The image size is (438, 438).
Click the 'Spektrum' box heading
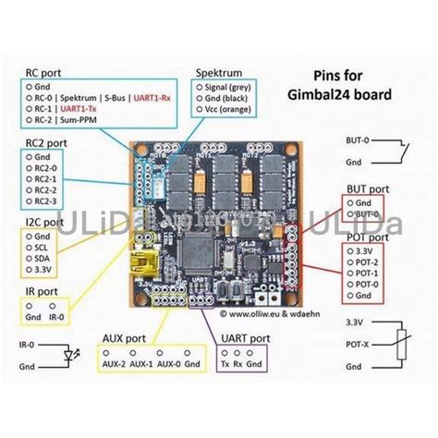(x=218, y=71)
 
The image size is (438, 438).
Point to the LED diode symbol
(x=66, y=355)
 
